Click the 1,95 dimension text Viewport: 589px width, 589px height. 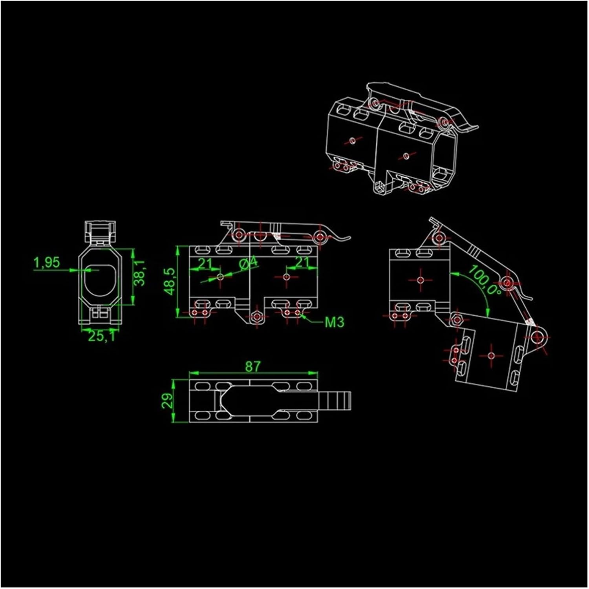tap(47, 262)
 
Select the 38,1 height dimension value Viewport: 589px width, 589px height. tap(140, 273)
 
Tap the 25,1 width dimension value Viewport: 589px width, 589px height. tap(102, 336)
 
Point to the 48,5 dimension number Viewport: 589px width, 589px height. tap(169, 281)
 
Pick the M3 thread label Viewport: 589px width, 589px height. tap(335, 322)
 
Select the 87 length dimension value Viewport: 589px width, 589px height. tap(253, 366)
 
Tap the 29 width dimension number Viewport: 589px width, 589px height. tap(168, 401)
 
